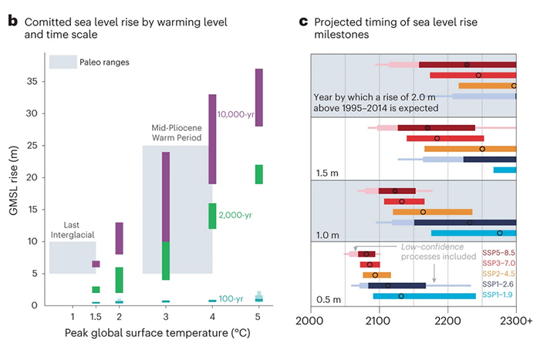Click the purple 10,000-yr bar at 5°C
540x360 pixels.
[x=258, y=96]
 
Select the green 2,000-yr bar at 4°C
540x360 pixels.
[x=212, y=216]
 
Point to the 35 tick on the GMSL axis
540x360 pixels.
[x=32, y=80]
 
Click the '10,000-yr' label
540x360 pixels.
[x=236, y=114]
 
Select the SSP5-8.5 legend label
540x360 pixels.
[x=498, y=251]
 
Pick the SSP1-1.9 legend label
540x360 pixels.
[x=498, y=295]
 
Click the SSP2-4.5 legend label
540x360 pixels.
[x=498, y=274]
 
